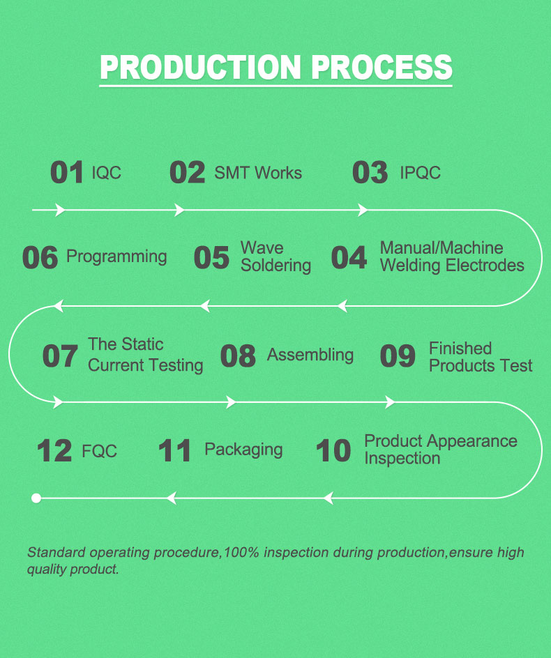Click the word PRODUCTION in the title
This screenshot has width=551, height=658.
click(201, 67)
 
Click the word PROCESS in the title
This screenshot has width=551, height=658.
click(382, 67)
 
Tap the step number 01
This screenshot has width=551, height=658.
click(66, 172)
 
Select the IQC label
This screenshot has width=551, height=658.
click(107, 172)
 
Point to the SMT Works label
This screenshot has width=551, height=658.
click(258, 172)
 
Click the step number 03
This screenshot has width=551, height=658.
click(370, 172)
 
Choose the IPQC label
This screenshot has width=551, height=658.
click(421, 172)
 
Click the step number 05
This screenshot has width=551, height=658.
click(211, 258)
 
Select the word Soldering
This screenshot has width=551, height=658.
click(276, 266)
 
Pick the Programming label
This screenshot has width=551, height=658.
click(116, 257)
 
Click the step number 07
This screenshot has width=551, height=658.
click(60, 356)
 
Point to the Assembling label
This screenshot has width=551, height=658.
click(310, 355)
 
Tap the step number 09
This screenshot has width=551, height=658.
click(398, 356)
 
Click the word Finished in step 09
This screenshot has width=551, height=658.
click(460, 349)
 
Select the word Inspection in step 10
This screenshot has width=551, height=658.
click(402, 458)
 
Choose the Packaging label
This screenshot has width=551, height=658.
click(243, 450)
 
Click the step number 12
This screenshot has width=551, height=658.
click(54, 451)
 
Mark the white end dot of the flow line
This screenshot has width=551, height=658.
click(36, 498)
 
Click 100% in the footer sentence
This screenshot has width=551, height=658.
click(241, 552)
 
